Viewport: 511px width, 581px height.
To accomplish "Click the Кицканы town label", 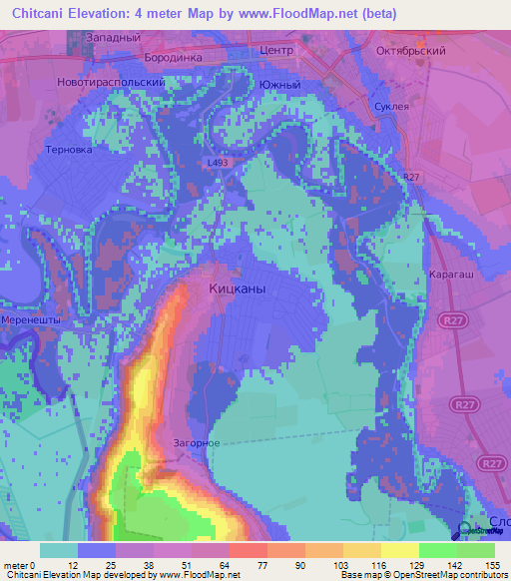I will [x=239, y=288].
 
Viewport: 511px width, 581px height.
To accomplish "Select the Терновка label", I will [x=68, y=150].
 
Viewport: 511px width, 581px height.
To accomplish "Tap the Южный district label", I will [x=279, y=85].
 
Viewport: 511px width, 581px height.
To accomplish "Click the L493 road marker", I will [x=219, y=161].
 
